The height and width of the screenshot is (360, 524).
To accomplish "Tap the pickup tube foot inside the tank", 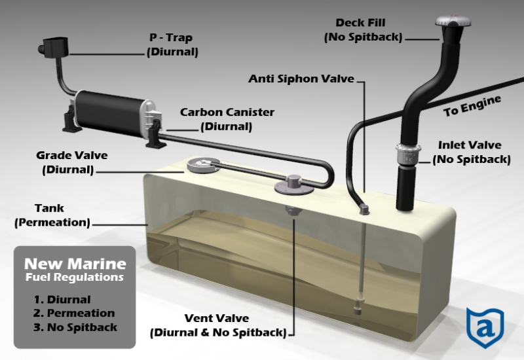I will [358, 306].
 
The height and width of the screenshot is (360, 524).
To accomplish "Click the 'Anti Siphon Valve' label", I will [301, 79].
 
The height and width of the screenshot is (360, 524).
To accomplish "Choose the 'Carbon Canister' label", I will [227, 118].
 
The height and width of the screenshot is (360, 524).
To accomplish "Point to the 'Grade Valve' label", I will [71, 162].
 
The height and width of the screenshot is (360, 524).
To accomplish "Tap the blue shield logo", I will [485, 323].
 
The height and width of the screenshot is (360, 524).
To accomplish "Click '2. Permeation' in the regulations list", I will [74, 313].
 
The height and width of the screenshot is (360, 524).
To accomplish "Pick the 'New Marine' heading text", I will [75, 264].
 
